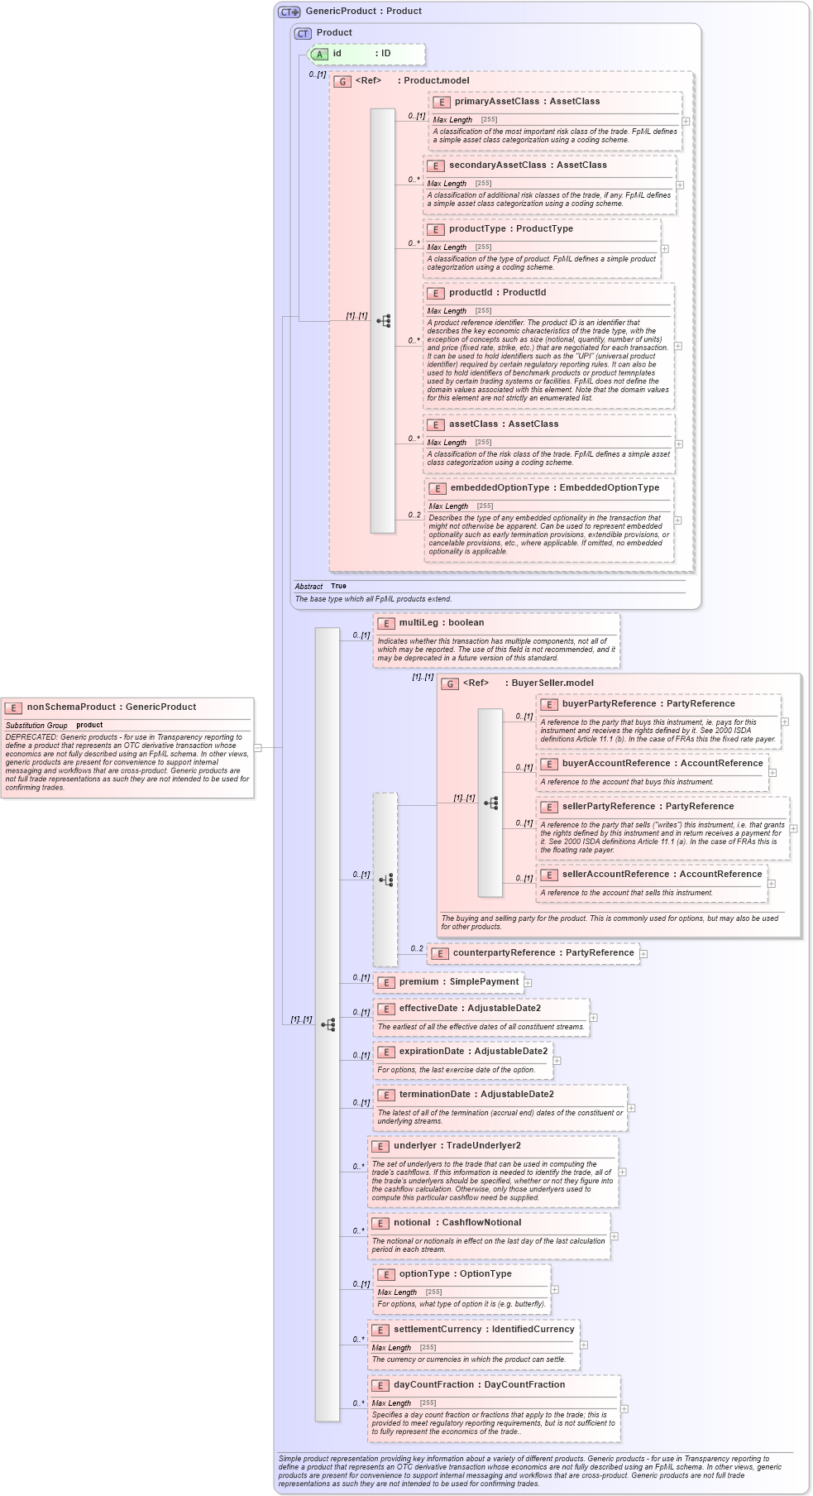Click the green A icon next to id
(319, 54)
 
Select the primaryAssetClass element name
(496, 102)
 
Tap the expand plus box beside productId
(678, 346)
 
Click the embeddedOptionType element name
(500, 488)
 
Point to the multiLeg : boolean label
(441, 623)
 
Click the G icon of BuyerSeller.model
(450, 683)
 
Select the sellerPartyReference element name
(609, 807)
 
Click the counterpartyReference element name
(504, 953)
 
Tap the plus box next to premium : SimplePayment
(528, 983)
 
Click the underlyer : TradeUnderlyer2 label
(457, 1146)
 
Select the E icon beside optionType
(385, 1275)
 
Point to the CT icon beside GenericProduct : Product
(289, 12)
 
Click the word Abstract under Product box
(308, 587)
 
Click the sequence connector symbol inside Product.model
(384, 321)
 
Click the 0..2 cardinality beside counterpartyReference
(417, 949)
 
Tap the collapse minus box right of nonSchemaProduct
(258, 748)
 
